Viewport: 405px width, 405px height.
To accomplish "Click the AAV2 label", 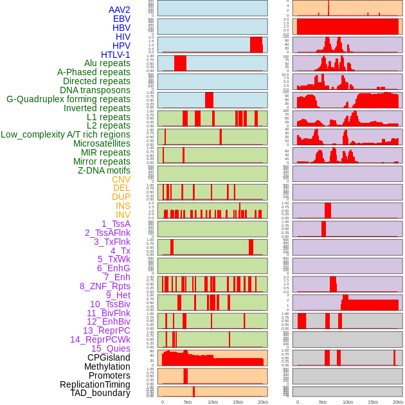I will click(x=119, y=10).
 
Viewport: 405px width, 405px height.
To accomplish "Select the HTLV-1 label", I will click(x=115, y=55).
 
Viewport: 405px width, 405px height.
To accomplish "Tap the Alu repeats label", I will click(x=107, y=63).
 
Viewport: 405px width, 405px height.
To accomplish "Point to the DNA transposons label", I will click(x=95, y=90).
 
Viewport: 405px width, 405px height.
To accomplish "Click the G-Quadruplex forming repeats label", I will click(x=68, y=99).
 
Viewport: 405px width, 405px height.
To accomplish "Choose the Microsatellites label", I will click(x=102, y=143).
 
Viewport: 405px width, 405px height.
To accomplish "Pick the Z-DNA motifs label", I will click(x=104, y=170).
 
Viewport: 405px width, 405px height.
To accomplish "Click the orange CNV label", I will click(x=121, y=179).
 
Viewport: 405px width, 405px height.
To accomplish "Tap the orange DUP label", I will click(x=121, y=197).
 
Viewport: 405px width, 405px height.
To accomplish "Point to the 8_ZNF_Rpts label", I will click(x=105, y=286).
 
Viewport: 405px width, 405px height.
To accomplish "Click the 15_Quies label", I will click(x=111, y=348).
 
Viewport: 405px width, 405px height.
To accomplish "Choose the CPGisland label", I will click(x=109, y=357).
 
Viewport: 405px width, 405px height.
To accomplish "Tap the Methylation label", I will click(x=107, y=366).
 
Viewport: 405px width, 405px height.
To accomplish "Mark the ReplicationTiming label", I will click(x=94, y=384).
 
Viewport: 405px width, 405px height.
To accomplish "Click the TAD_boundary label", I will click(x=100, y=393).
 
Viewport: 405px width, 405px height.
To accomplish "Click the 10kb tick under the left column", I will click(x=212, y=402).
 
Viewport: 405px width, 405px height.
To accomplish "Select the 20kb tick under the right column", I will click(x=398, y=402).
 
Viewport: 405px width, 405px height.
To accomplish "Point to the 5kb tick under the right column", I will click(x=323, y=402).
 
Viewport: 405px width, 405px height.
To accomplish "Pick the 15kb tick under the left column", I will click(x=237, y=402).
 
